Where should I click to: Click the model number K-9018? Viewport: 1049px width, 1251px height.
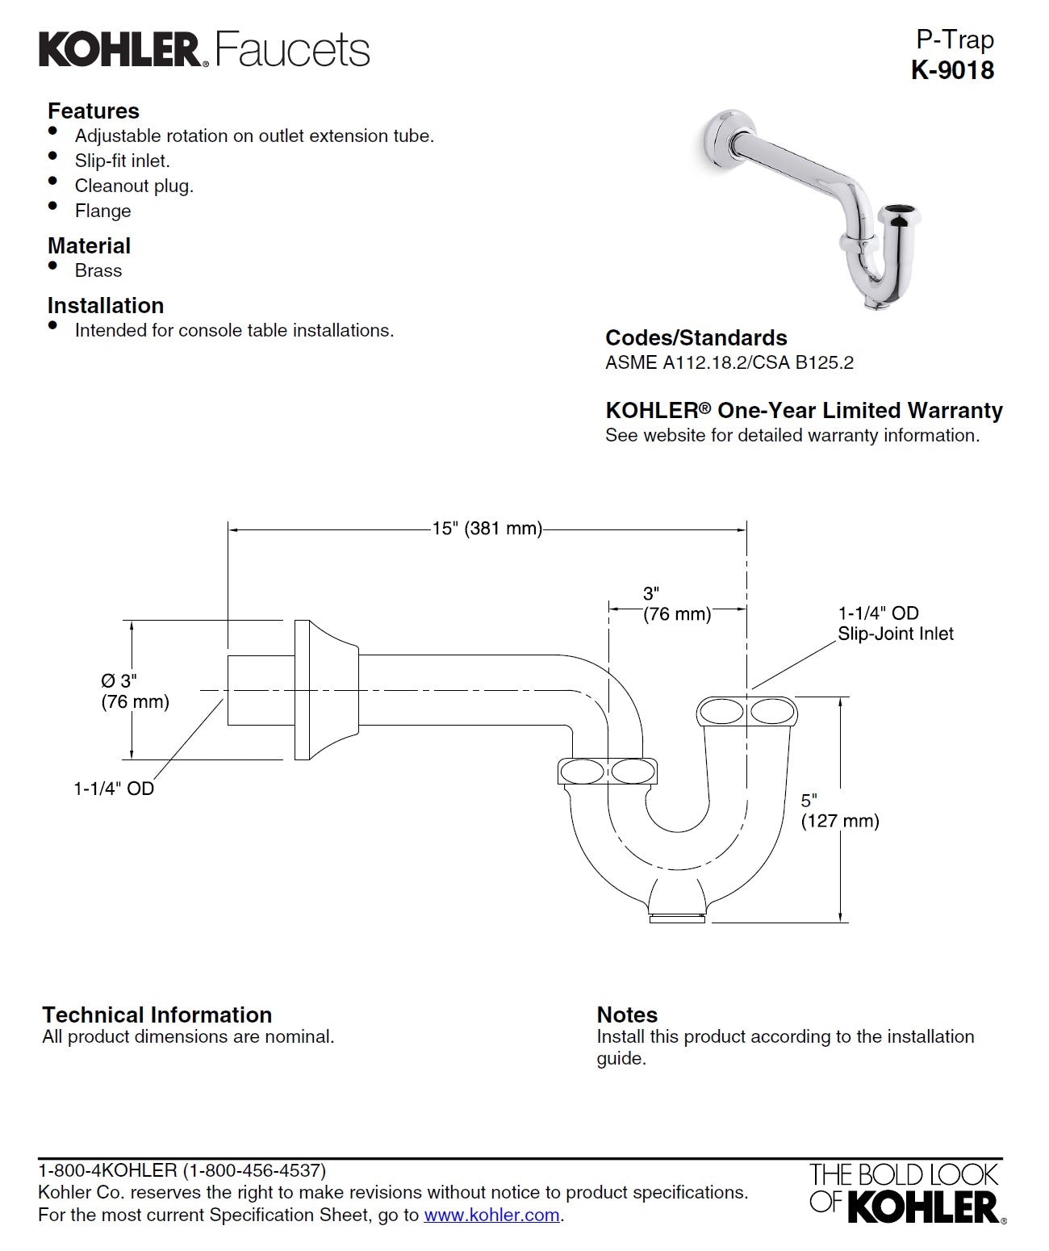point(952,70)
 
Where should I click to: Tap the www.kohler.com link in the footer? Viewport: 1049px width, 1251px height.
point(491,1215)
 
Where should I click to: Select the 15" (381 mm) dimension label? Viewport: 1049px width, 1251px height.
point(487,529)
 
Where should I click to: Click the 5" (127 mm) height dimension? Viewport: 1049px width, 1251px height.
point(839,810)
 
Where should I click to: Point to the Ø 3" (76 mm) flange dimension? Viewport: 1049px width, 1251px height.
point(135,691)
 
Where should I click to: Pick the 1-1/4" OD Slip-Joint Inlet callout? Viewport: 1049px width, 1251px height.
point(895,623)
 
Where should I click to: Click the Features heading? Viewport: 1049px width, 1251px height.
point(93,111)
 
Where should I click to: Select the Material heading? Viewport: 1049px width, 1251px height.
point(89,245)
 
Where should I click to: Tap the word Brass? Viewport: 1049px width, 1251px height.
point(98,270)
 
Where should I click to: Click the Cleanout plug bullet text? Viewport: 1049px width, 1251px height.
point(134,186)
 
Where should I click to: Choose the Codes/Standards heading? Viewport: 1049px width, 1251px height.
point(696,337)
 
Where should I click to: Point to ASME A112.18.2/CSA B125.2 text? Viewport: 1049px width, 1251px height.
point(729,362)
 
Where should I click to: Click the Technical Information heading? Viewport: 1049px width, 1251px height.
point(157,1015)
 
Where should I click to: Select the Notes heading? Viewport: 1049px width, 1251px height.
point(627,1015)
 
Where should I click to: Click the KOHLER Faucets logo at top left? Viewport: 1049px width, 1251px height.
point(204,49)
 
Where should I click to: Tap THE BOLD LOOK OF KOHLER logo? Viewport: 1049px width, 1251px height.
point(905,1192)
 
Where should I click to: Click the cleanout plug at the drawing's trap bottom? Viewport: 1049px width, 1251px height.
point(678,916)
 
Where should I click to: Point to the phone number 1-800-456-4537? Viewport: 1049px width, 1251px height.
point(253,1169)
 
